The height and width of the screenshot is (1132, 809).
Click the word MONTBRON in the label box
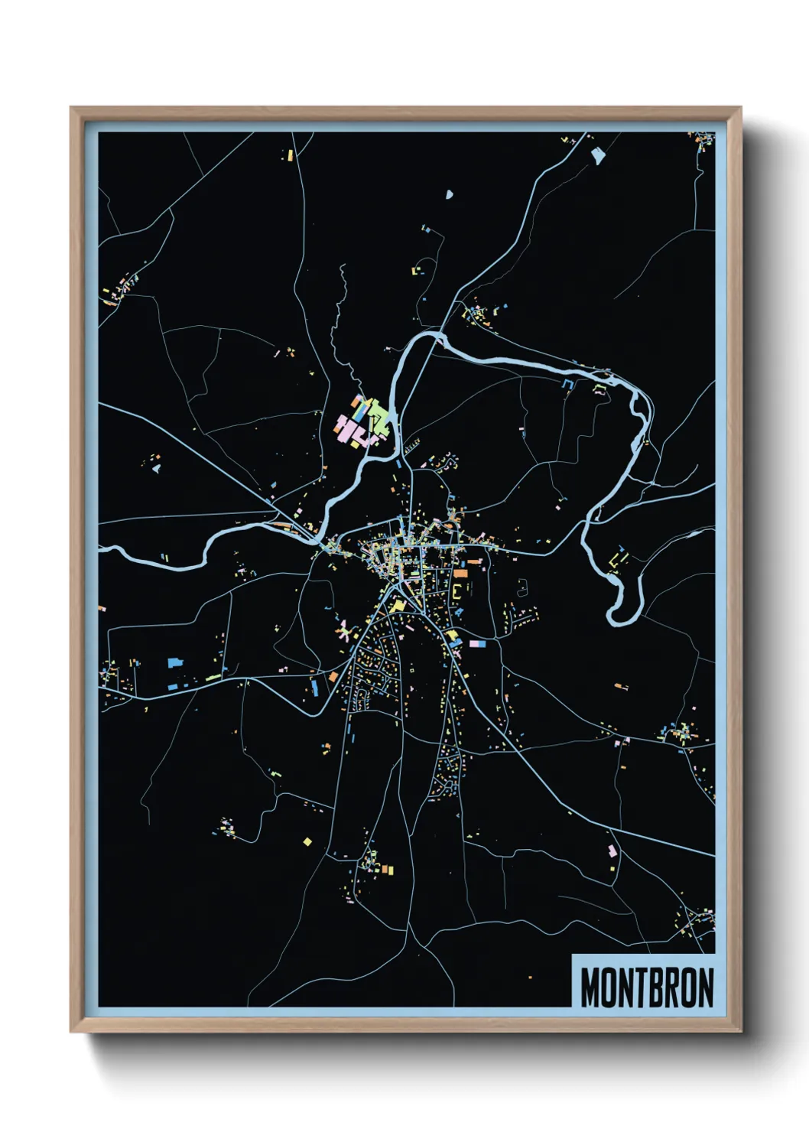pos(647,987)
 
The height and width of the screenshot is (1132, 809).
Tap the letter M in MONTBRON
pos(591,987)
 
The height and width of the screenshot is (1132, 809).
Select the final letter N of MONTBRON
pos(705,987)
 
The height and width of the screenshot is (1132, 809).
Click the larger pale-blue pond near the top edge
pos(598,155)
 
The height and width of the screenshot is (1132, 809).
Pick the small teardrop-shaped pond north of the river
pos(450,195)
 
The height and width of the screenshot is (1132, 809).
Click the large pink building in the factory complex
pos(349,428)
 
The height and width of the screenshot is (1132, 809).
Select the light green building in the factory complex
pos(379,417)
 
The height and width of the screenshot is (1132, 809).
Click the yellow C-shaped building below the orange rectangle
pos(457,594)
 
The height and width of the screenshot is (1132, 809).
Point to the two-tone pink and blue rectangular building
pos(477,644)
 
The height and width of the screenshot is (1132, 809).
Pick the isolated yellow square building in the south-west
pos(307,842)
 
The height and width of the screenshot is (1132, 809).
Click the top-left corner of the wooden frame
pos(72,109)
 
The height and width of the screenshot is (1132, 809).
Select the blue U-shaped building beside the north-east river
pos(567,384)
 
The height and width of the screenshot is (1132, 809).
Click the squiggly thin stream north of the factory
pos(337,321)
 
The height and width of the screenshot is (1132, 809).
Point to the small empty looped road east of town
pos(523,587)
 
